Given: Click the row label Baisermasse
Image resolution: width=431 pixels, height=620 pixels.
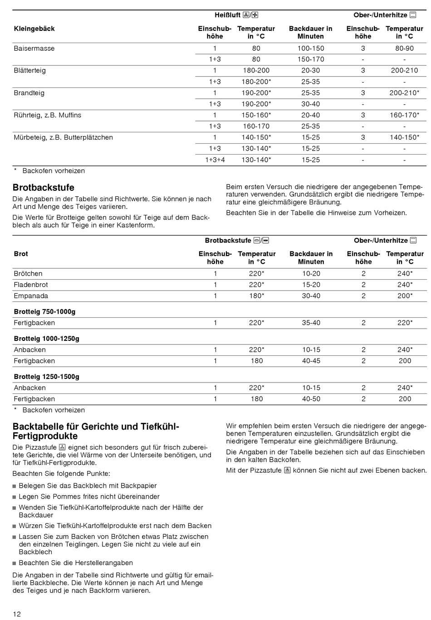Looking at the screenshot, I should [34, 48].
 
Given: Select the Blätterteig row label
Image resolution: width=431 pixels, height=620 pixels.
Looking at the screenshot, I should [29, 71].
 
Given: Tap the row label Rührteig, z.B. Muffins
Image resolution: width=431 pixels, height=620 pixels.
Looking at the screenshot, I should [47, 115].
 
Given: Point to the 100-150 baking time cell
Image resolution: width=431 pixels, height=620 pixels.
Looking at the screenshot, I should [311, 48].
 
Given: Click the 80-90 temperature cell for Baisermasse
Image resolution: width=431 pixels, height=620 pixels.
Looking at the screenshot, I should [404, 48].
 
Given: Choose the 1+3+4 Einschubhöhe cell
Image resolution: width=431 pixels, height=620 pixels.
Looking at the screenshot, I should [215, 160].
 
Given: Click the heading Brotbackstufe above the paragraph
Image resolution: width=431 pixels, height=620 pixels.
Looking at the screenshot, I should [44, 188].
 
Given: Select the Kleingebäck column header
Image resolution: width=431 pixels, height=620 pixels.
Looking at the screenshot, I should [34, 29].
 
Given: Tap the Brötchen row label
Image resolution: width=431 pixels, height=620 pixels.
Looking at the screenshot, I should [28, 274].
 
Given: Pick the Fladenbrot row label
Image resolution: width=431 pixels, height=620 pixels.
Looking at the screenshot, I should [31, 285].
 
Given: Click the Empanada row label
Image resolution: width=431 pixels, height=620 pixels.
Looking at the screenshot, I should [31, 296].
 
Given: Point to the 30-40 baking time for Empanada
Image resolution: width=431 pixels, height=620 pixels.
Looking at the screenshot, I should [311, 296].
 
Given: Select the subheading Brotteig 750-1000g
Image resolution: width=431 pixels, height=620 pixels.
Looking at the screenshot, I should [44, 312].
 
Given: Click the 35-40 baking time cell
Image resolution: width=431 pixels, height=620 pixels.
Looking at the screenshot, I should [311, 323].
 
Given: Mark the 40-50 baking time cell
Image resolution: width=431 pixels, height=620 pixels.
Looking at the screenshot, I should [311, 399].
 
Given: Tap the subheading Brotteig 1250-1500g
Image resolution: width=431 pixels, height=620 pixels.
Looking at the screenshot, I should [46, 377].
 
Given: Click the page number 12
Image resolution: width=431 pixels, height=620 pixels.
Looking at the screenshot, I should [17, 614].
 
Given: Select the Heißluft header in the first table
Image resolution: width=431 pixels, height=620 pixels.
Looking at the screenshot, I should [227, 15].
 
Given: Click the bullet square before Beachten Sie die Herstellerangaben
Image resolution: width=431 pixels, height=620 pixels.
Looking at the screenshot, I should [15, 563].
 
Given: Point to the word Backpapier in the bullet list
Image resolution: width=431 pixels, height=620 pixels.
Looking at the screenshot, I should [139, 486].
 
